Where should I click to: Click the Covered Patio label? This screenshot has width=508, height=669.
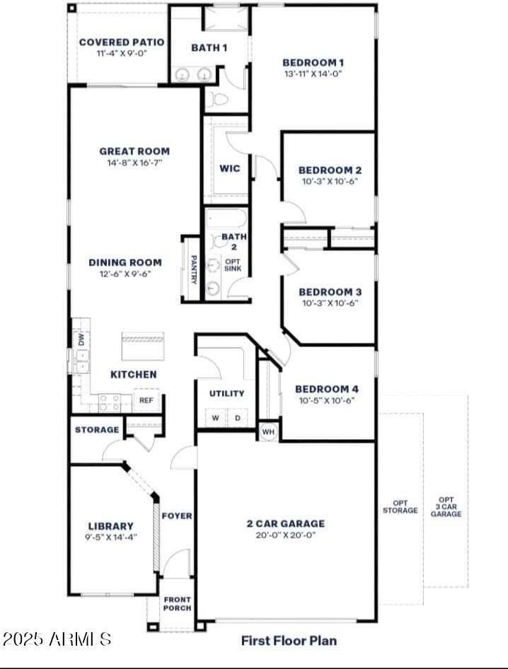pos(121,42)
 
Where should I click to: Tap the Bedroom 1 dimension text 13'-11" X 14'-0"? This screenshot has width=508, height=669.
pos(313,74)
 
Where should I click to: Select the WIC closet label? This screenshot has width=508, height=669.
pos(230,169)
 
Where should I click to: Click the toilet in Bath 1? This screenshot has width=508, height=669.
pos(217,100)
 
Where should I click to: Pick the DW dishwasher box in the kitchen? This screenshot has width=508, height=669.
pos(80,339)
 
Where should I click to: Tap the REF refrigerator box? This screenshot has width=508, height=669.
pos(146,400)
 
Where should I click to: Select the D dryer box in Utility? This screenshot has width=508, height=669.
pos(237,418)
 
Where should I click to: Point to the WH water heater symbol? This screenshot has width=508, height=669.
pos(268,431)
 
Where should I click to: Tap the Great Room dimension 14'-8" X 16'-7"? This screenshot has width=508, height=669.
pos(134,163)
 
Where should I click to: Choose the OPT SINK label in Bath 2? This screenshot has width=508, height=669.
pos(232,265)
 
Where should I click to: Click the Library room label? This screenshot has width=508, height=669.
pos(111,526)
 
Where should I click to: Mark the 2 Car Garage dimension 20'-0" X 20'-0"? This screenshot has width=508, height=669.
pos(285,535)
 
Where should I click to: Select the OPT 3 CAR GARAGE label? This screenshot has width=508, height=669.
pos(446,506)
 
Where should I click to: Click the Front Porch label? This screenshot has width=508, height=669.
pos(177,603)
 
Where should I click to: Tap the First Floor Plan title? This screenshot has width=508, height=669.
pos(289,641)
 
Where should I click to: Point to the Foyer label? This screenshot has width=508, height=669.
pos(177,516)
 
